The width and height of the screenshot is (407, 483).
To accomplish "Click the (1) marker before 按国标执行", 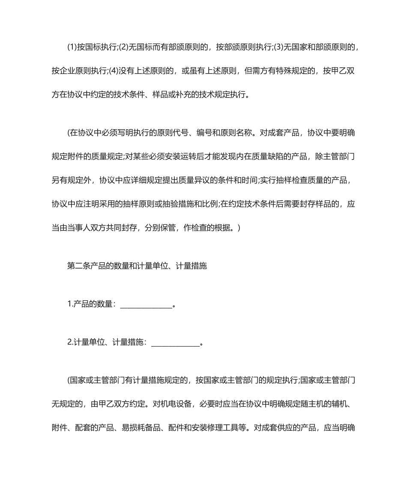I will pos(72,47).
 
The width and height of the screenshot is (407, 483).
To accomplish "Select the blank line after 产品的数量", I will pos(146,305).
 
